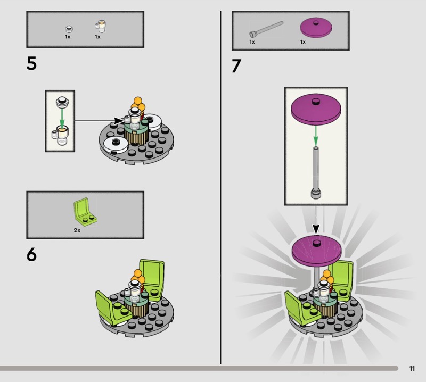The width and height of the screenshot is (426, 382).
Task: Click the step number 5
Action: tap(31, 63)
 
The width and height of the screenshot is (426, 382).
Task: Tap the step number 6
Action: tap(31, 255)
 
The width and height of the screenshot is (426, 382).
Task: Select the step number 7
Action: tap(236, 66)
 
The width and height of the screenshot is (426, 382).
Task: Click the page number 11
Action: tap(412, 368)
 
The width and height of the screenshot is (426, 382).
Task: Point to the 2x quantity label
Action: tap(77, 230)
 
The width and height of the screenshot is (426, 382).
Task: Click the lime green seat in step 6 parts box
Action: tap(85, 211)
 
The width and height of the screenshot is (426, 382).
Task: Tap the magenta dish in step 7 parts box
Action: tap(316, 28)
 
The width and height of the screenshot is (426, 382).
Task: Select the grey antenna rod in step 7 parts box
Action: tap(266, 29)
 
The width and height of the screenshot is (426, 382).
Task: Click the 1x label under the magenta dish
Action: tap(302, 42)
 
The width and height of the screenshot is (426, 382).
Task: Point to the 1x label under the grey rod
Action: tap(252, 42)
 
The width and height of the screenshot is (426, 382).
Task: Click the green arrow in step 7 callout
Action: tap(316, 136)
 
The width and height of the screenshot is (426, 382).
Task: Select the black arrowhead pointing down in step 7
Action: tap(316, 229)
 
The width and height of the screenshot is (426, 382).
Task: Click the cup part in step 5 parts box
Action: tap(101, 26)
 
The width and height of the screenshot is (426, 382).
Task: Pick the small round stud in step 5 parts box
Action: tap(69, 29)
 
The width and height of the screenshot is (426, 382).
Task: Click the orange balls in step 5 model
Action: tap(138, 104)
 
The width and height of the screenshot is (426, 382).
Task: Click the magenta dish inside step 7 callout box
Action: tap(316, 109)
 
